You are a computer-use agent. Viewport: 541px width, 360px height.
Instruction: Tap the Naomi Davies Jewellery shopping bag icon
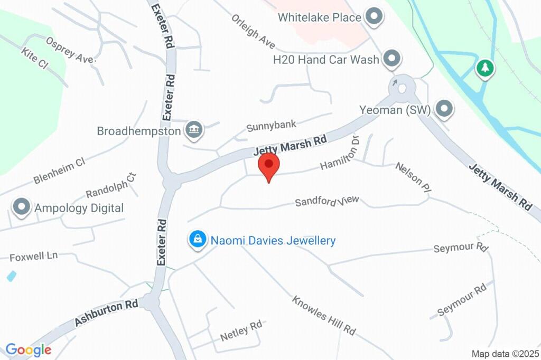click(x=198, y=240)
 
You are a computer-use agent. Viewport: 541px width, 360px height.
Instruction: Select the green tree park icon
click(x=484, y=68)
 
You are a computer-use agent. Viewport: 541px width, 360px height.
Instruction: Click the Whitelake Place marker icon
click(x=375, y=17)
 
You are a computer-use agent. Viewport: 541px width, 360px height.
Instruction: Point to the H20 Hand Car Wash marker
click(x=391, y=59)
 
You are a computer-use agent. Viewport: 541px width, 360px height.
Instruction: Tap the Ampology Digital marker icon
click(x=22, y=207)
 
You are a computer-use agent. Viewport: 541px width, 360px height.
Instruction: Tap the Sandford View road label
click(x=327, y=201)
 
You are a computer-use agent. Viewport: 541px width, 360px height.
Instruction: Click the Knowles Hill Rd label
click(x=323, y=315)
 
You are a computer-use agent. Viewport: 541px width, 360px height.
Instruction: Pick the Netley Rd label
click(x=241, y=330)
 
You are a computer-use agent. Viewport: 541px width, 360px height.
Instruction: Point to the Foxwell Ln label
click(x=33, y=257)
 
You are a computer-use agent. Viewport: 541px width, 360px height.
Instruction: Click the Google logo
click(x=29, y=349)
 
